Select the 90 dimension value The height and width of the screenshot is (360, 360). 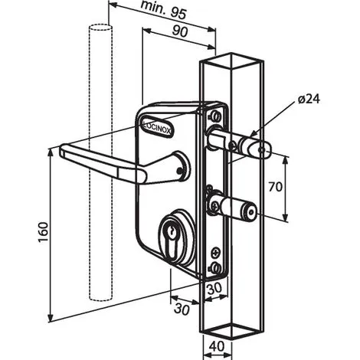click(x=180, y=31)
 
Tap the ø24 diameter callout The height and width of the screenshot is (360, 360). click(x=309, y=100)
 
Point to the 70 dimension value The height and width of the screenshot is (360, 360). click(x=276, y=187)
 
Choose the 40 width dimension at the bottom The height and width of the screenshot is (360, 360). click(x=218, y=346)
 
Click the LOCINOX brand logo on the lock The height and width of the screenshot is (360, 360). click(x=158, y=126)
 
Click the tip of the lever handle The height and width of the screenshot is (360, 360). click(x=62, y=150)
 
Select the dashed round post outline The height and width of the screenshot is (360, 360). click(x=100, y=162)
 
